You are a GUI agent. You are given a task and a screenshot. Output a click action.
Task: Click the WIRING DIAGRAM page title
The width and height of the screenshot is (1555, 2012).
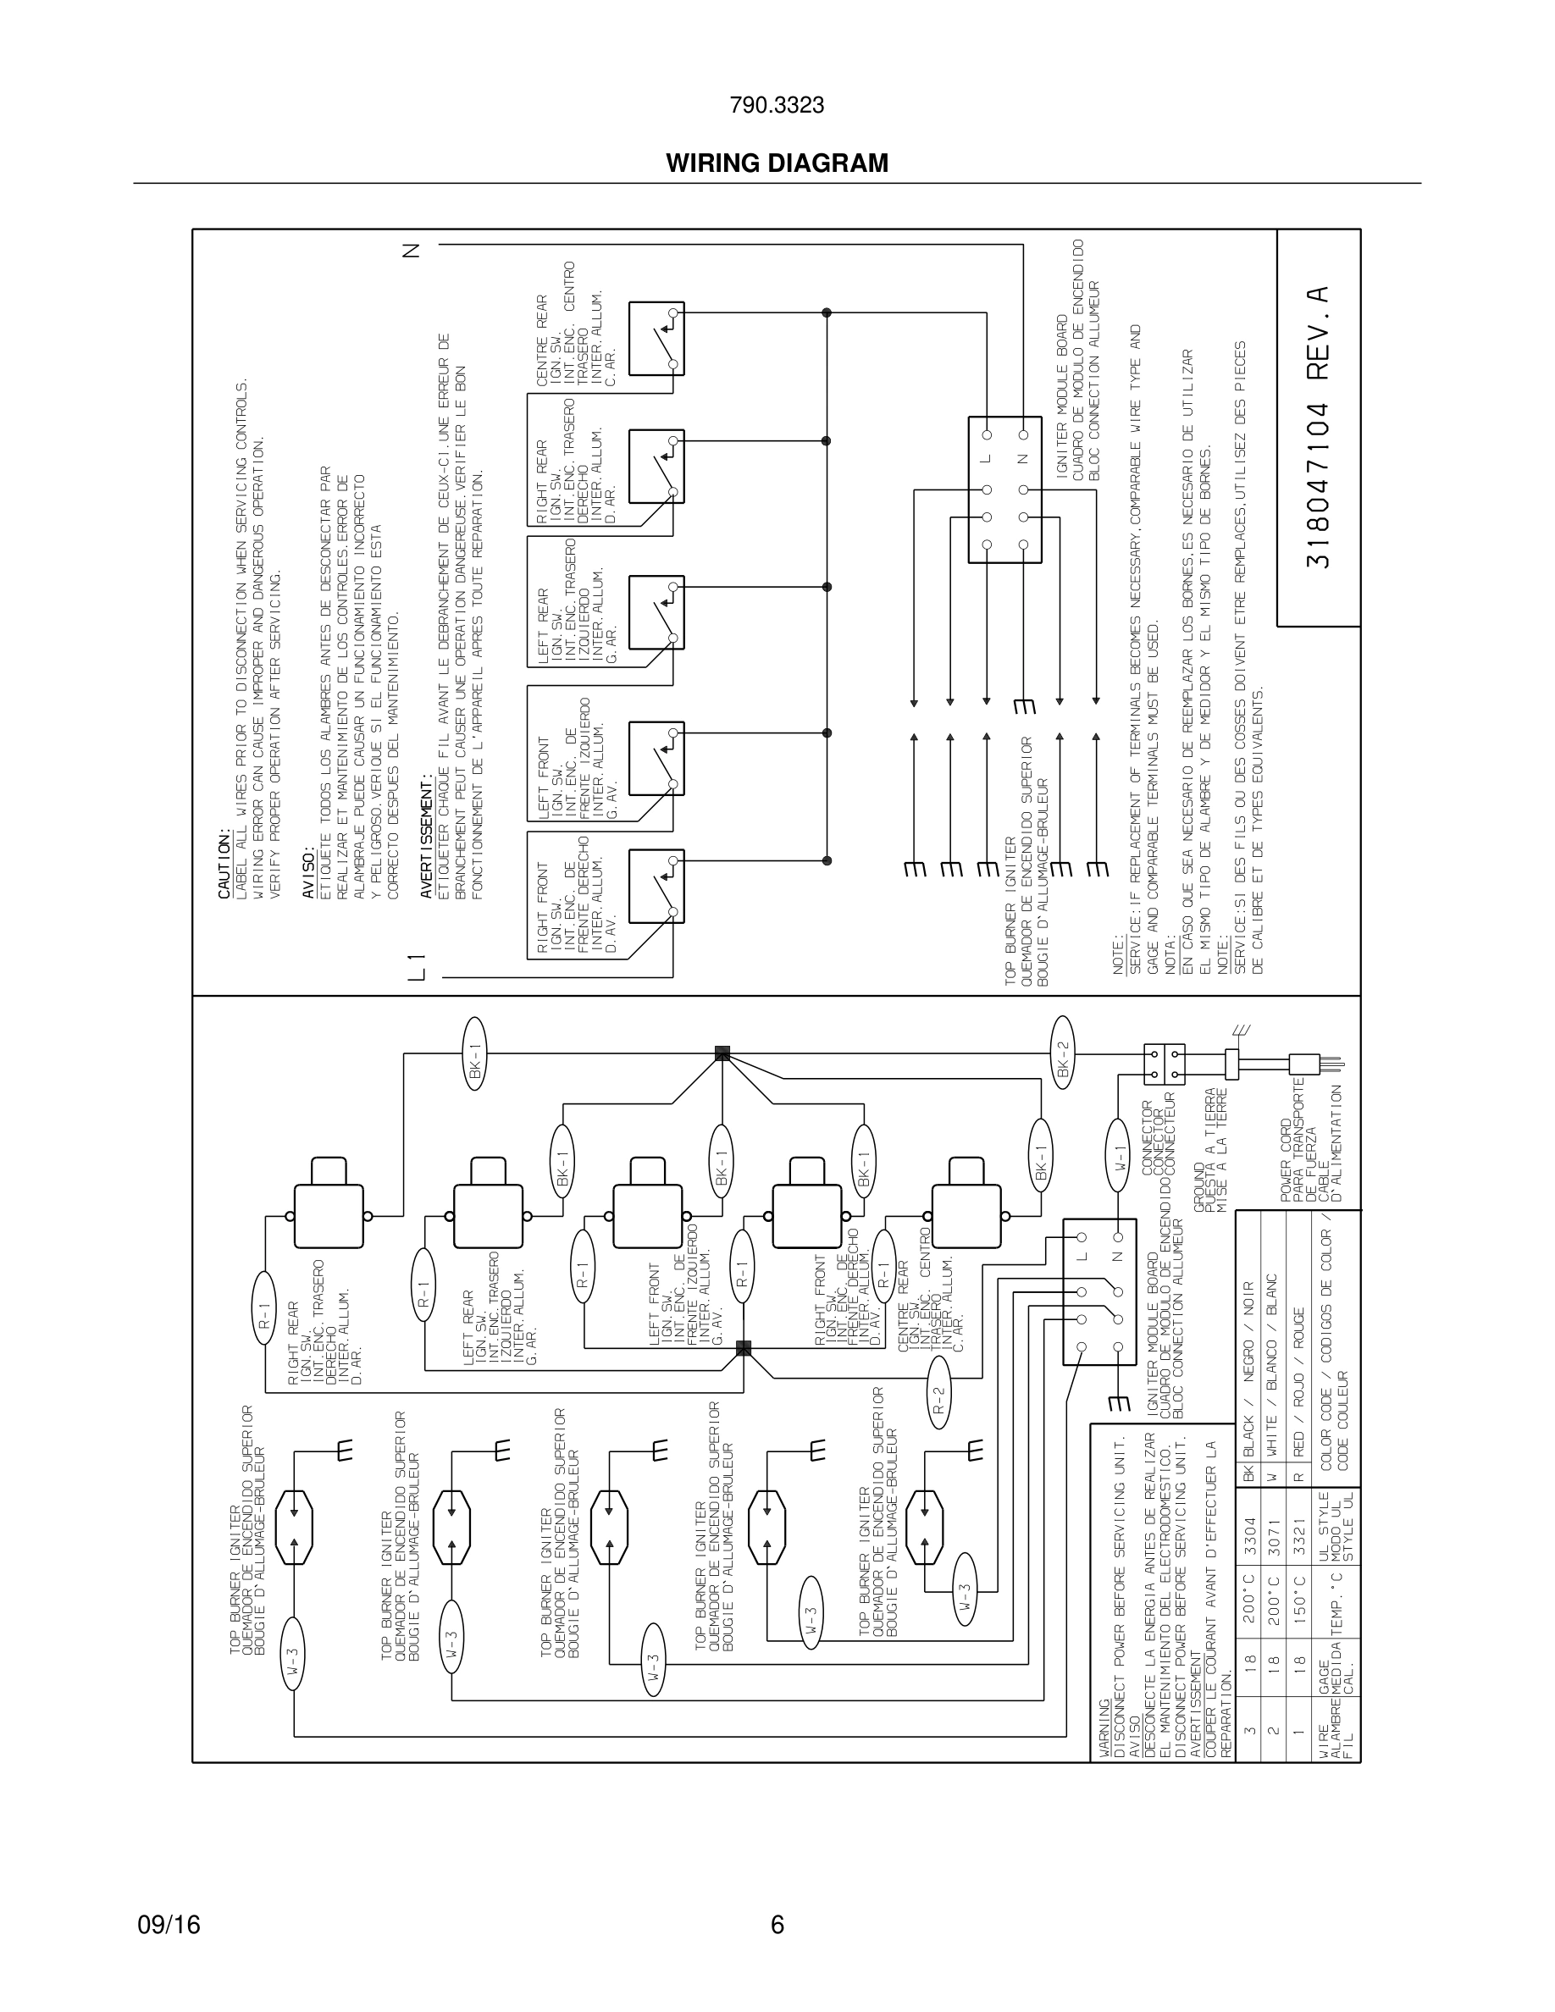pos(777,163)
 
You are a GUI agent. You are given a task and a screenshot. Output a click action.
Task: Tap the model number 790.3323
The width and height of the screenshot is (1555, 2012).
pos(777,106)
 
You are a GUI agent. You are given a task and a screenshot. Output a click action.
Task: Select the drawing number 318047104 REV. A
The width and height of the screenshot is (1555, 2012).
pos(1318,428)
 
